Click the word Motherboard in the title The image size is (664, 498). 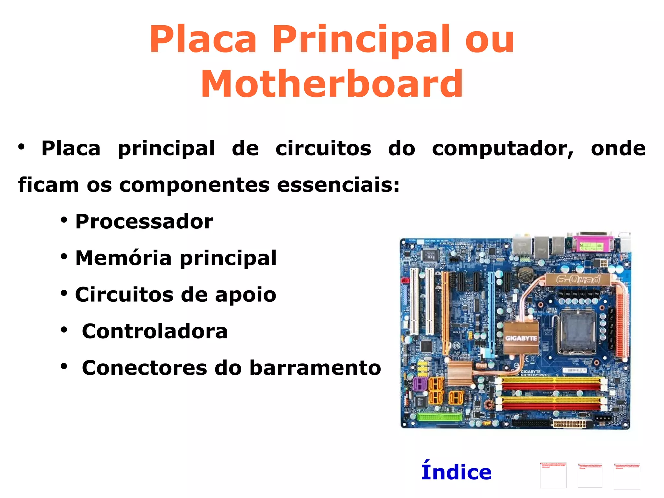(x=332, y=84)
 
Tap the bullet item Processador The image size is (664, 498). (x=144, y=222)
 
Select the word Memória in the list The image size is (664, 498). (x=123, y=258)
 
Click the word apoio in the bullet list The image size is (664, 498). (x=245, y=295)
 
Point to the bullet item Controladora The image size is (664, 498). (x=155, y=331)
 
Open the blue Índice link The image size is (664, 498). (x=456, y=472)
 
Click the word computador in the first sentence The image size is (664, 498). (x=503, y=149)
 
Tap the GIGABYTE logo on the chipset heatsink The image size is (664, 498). (x=521, y=338)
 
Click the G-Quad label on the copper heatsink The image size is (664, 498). (x=578, y=279)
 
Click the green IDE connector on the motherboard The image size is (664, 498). (x=440, y=417)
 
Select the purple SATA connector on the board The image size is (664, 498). (x=420, y=384)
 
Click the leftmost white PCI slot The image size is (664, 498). (x=414, y=301)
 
